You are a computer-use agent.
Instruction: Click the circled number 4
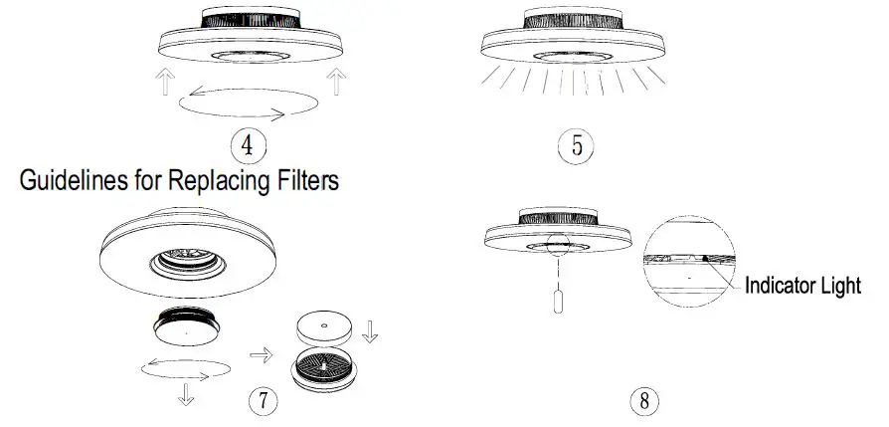pyautogui.click(x=249, y=145)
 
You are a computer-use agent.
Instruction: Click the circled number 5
pyautogui.click(x=577, y=145)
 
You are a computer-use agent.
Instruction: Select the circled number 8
pyautogui.click(x=644, y=401)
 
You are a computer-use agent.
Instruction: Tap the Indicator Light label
pyautogui.click(x=803, y=287)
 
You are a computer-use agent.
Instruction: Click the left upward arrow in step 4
pyautogui.click(x=166, y=83)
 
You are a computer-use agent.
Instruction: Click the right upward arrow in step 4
pyautogui.click(x=337, y=83)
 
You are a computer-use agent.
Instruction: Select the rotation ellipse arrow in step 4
pyautogui.click(x=249, y=104)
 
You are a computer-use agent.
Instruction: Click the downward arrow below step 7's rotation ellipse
pyautogui.click(x=185, y=394)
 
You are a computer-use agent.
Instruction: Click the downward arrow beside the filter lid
pyautogui.click(x=370, y=331)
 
